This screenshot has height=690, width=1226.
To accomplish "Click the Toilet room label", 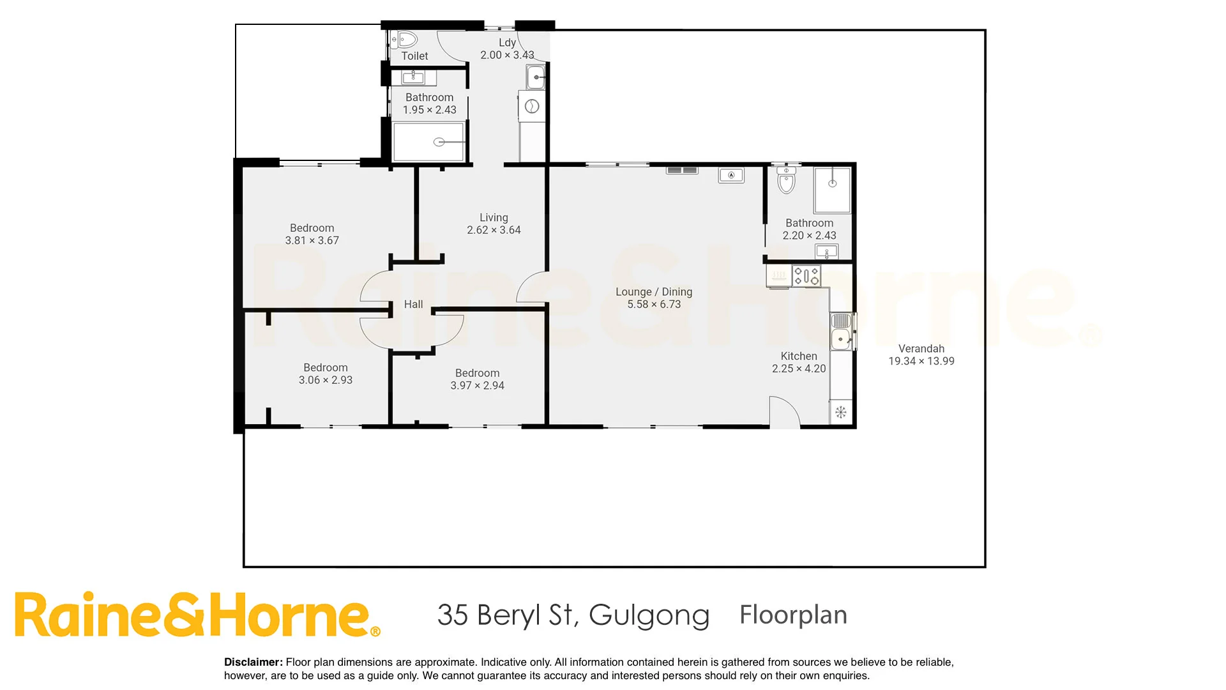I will tap(414, 56).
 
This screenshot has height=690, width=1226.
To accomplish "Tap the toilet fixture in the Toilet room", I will tap(404, 40).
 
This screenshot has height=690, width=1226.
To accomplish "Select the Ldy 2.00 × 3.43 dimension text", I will tap(507, 55).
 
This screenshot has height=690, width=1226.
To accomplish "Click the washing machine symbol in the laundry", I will tap(532, 107).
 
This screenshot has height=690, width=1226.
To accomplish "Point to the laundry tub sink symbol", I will tap(536, 78).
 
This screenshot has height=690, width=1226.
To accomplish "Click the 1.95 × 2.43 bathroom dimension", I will tap(429, 110).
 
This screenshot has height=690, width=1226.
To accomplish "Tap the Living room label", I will tap(494, 217).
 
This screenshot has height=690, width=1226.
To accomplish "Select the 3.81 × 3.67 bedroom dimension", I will tap(312, 241).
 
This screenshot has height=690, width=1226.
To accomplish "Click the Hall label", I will tap(413, 305).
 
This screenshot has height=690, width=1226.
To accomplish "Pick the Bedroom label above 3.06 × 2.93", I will tap(325, 367).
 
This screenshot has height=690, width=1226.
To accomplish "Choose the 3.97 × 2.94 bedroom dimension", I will tap(477, 386).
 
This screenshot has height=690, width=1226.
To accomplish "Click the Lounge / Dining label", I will tap(653, 292).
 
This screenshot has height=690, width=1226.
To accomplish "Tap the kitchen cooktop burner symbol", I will tap(806, 276).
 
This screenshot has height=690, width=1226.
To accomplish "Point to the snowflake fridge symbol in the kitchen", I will tap(841, 412).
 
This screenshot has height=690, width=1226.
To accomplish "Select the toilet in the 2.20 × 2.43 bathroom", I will tap(786, 181).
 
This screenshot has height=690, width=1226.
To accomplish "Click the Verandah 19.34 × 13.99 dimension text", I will tap(921, 362).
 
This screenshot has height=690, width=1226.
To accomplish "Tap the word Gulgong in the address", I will tap(649, 615).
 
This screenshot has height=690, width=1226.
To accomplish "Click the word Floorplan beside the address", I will tap(793, 615).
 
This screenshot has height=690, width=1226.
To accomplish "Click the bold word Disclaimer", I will tap(253, 663).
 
